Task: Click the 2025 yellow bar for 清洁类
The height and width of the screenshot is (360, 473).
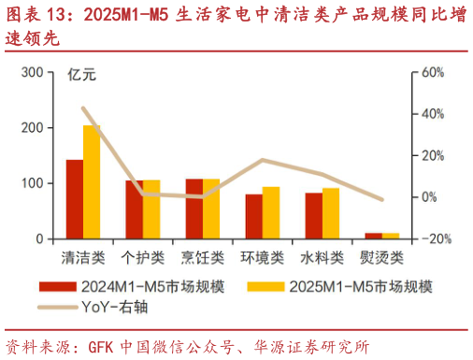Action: pos(92,182)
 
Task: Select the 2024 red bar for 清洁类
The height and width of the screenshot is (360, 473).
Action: pos(75,199)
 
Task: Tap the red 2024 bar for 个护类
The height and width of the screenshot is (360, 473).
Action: pos(135,209)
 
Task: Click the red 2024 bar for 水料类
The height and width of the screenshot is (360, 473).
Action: pos(314,215)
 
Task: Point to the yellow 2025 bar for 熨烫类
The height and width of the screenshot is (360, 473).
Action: pos(391,236)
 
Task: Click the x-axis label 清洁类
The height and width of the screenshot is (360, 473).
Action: pos(83,256)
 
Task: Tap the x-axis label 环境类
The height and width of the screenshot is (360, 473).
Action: pos(263,256)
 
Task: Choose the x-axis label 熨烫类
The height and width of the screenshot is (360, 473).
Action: pos(382,256)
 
